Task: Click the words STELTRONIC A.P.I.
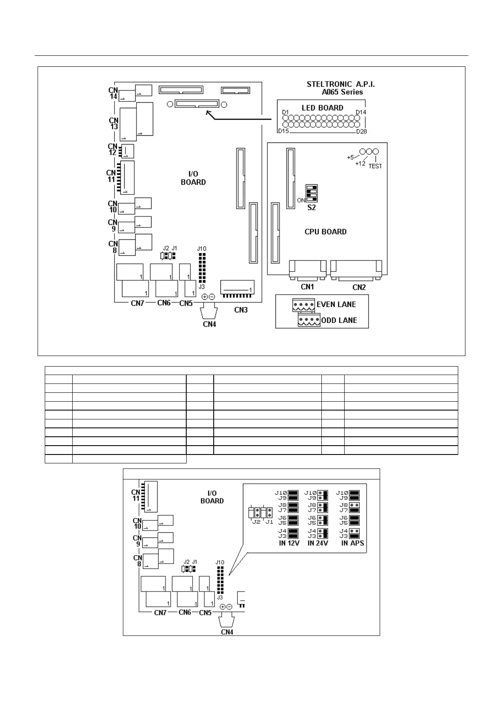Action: [x=340, y=84]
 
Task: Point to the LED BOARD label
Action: [x=322, y=108]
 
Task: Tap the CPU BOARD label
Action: [x=325, y=232]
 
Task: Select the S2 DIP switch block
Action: [x=311, y=194]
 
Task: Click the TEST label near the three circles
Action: [x=375, y=166]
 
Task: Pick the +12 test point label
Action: [x=360, y=163]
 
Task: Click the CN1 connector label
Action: [x=307, y=287]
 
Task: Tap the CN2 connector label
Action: [x=359, y=287]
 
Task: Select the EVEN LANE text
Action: [x=336, y=304]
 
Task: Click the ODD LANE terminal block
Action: [x=309, y=320]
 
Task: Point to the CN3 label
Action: [x=241, y=310]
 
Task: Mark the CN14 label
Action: [x=113, y=93]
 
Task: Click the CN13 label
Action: [x=114, y=123]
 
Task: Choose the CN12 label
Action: [x=112, y=149]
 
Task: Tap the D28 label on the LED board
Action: [x=362, y=131]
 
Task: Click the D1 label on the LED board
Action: [x=285, y=112]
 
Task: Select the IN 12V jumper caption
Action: [x=289, y=543]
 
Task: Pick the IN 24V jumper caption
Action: [x=318, y=543]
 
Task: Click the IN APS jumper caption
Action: [x=352, y=543]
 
